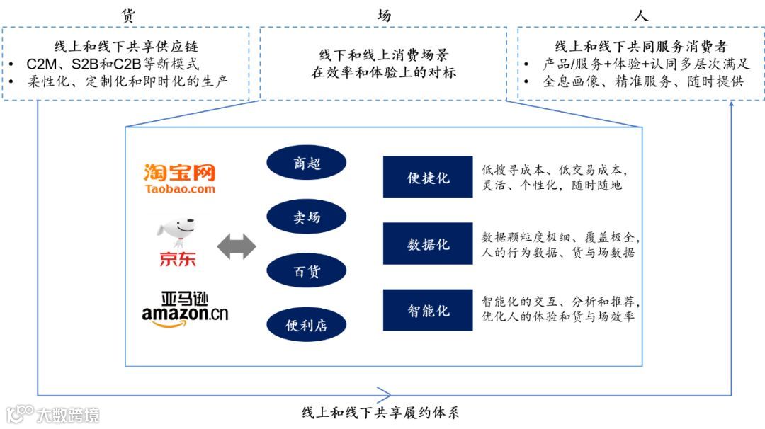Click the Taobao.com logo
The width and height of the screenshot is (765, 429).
tap(179, 178)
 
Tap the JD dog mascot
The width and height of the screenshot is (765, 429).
tap(177, 231)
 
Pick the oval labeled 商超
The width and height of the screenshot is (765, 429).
tap(307, 164)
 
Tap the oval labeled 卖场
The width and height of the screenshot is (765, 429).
tap(307, 217)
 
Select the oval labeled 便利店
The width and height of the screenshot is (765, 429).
tap(307, 324)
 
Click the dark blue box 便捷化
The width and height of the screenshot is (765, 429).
tap(427, 177)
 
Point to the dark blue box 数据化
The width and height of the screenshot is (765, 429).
tap(427, 244)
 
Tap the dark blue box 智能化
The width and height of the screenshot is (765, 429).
tap(427, 310)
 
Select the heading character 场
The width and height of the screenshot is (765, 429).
tap(384, 15)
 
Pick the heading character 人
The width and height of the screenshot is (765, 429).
tap(642, 15)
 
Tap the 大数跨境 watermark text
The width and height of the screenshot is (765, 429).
tap(68, 414)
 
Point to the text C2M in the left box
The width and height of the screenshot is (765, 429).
tap(43, 64)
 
